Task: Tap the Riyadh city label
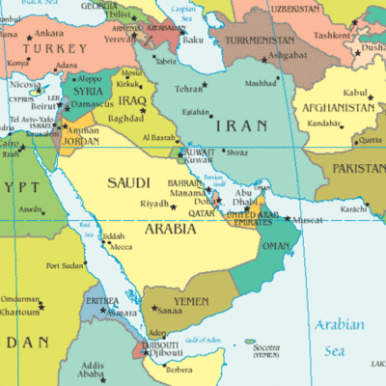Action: coord(154,205)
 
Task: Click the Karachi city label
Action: coord(353,208)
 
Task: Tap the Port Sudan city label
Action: coord(66,265)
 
